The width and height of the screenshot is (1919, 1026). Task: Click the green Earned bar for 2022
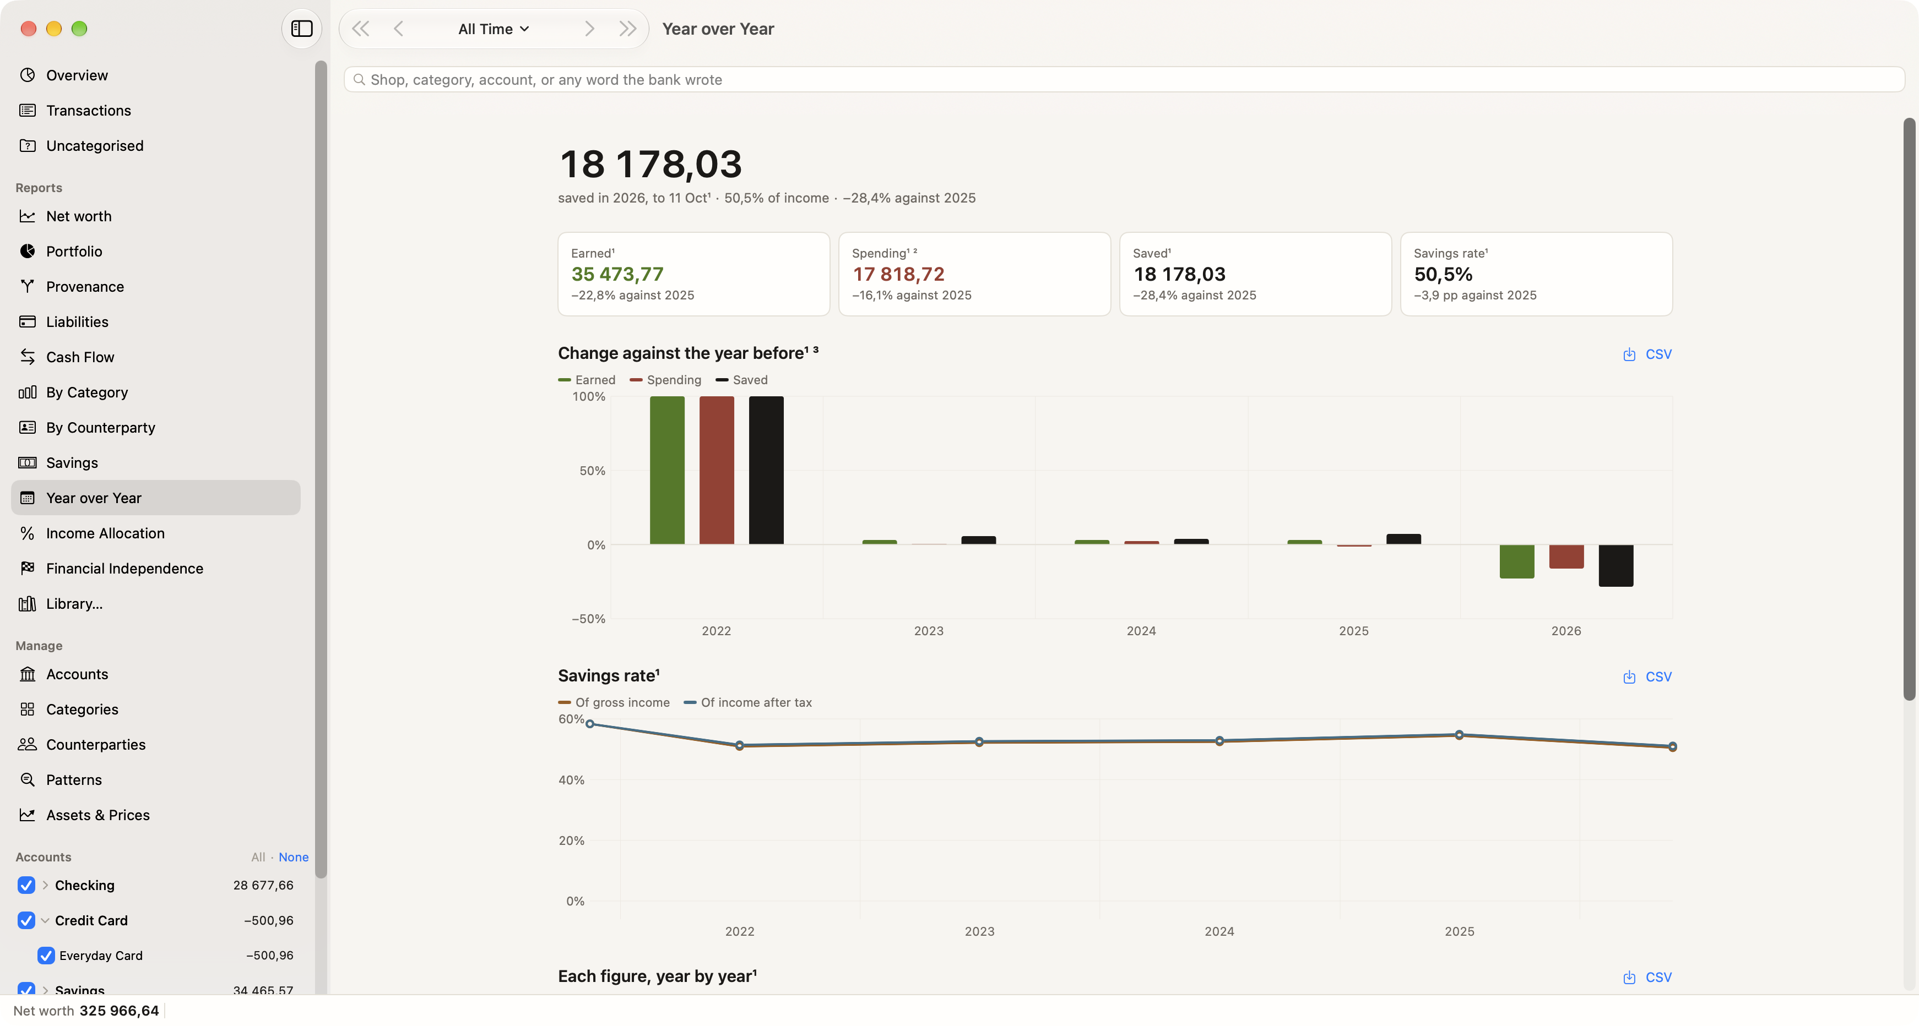point(666,470)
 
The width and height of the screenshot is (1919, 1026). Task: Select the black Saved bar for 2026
point(1616,565)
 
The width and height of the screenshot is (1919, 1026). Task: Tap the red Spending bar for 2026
point(1566,556)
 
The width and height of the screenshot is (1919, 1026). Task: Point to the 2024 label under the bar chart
point(1141,631)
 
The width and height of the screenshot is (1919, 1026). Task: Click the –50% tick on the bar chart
point(588,619)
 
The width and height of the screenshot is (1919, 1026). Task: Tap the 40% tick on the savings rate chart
point(571,779)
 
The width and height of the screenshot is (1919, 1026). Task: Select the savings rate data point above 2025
point(1459,735)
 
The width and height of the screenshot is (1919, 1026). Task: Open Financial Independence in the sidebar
point(124,568)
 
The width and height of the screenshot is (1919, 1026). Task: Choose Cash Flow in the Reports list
point(80,357)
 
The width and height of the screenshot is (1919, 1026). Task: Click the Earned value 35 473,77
point(617,274)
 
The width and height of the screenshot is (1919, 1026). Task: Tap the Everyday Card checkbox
point(46,955)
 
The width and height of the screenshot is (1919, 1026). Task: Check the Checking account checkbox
point(26,885)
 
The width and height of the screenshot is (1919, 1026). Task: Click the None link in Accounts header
point(294,857)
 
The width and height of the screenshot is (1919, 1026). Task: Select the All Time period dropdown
point(493,29)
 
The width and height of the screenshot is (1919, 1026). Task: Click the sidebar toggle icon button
point(302,29)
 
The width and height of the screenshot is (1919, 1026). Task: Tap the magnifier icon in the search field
point(359,80)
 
